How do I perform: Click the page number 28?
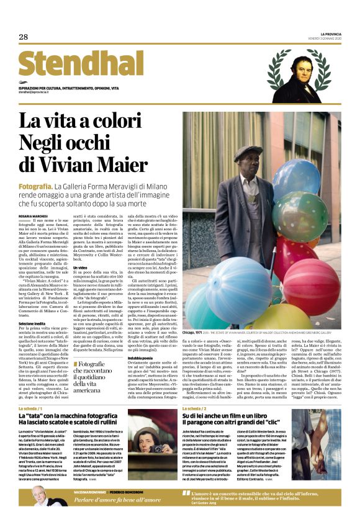tap(24, 37)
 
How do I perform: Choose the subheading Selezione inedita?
tap(34, 323)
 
